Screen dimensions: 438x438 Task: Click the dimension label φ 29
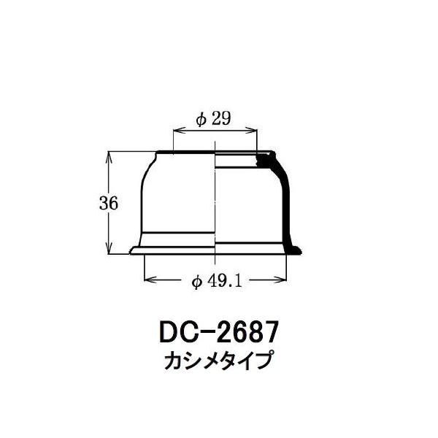coord(214,119)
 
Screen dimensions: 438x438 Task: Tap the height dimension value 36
coord(109,203)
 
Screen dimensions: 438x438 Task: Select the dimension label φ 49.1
coord(217,282)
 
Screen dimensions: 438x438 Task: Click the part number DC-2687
coord(219,332)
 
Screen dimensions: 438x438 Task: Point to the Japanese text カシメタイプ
coord(218,361)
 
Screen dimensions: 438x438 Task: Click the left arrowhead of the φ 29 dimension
coord(180,130)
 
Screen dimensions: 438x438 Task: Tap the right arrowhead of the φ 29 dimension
coord(250,130)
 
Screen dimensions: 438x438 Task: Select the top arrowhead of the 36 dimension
coord(109,157)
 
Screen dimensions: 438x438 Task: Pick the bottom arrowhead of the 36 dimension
coord(109,248)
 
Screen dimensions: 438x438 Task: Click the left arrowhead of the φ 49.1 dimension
coord(150,279)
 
